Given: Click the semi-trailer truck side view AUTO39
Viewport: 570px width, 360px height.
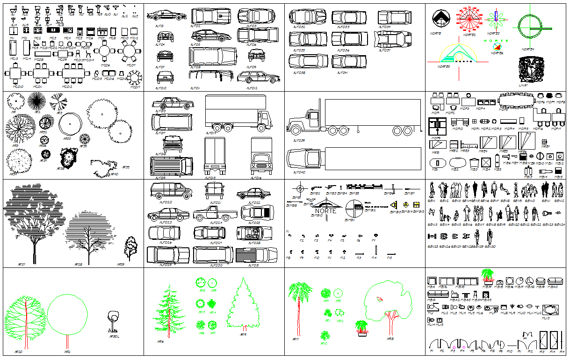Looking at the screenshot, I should [x=353, y=119].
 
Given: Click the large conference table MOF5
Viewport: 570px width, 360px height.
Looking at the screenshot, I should [x=516, y=100].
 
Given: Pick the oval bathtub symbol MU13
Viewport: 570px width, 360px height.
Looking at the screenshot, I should [x=550, y=310].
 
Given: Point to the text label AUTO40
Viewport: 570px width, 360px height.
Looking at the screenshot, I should [x=299, y=173].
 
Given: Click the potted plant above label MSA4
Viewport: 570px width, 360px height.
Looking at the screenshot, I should [x=487, y=275].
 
